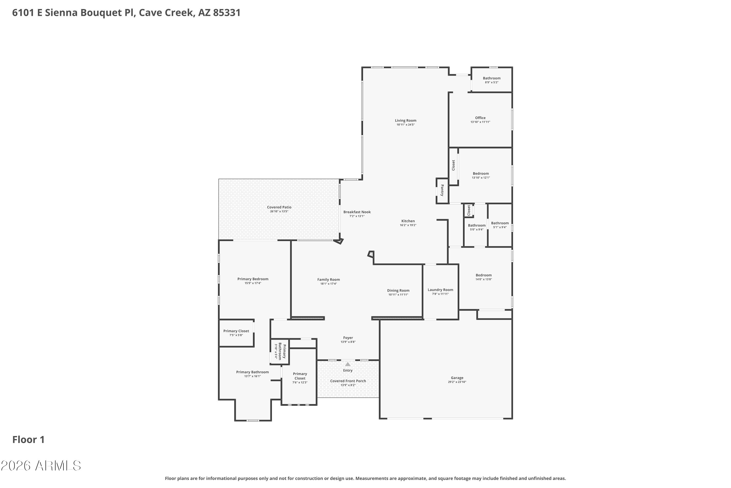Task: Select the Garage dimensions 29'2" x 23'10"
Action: [x=457, y=382]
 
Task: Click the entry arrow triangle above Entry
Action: [x=347, y=364]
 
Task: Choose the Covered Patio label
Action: [x=279, y=207]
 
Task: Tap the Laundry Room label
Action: [x=440, y=290]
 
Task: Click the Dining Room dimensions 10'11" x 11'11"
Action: [x=398, y=295]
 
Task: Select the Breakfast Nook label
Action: [x=357, y=212]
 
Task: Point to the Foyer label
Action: [x=348, y=338]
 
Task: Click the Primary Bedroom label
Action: [x=253, y=279]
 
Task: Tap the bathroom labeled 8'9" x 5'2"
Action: [x=491, y=78]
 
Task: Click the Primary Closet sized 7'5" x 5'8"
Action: [x=236, y=331]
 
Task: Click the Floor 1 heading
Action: [x=29, y=440]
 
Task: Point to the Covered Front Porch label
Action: [x=348, y=381]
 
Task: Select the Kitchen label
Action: [x=408, y=221]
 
